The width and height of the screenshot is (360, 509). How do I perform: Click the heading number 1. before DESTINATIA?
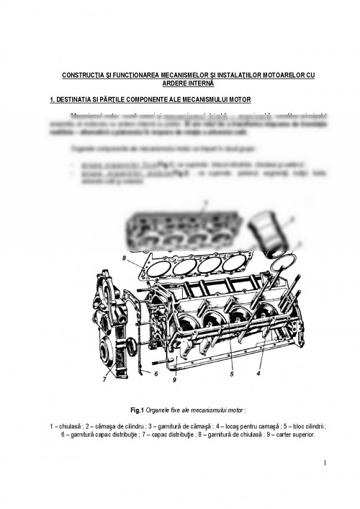[x=46, y=98]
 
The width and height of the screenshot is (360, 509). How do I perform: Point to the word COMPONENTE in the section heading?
[x=140, y=98]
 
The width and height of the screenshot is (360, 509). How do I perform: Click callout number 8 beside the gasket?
[x=124, y=257]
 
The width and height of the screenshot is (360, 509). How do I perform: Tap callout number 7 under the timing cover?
[x=104, y=379]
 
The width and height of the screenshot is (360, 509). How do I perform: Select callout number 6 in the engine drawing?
[x=156, y=373]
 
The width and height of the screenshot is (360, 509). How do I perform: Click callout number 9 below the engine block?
[x=175, y=379]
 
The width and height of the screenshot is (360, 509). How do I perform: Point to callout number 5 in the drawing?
[x=232, y=374]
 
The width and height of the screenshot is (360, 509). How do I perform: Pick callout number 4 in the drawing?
[x=257, y=373]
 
